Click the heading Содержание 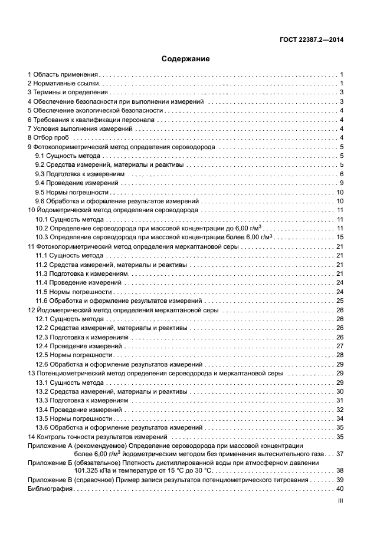coord(185,59)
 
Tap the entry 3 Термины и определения coord(67,93)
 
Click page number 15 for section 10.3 coord(340,237)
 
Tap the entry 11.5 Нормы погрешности coord(74,292)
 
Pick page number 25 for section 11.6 coord(340,301)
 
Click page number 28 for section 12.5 coord(340,355)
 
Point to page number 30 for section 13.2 coord(340,391)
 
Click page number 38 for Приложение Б coord(340,471)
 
